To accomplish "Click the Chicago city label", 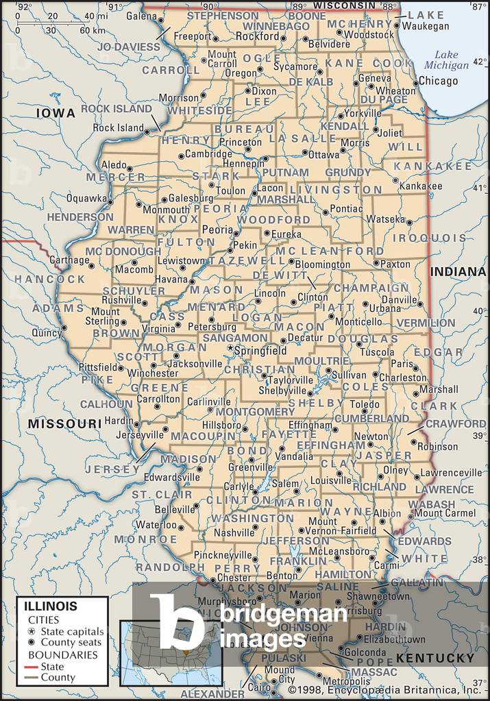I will [x=438, y=81].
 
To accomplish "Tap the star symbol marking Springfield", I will [x=230, y=349].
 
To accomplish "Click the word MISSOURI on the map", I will [x=64, y=424].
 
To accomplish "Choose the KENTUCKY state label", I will [x=436, y=658].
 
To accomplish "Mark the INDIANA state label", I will [x=457, y=272].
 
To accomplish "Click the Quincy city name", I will [x=46, y=332].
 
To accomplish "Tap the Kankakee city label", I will [x=420, y=186].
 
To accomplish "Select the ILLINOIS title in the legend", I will [x=51, y=606].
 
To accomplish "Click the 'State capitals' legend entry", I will [x=72, y=631].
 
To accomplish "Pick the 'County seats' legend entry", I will [x=71, y=642].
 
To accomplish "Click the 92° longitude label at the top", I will [x=24, y=7].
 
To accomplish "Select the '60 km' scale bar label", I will [x=93, y=30].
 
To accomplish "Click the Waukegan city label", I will [x=425, y=26].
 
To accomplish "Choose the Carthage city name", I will [x=69, y=260].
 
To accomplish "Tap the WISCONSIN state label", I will [x=346, y=5].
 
